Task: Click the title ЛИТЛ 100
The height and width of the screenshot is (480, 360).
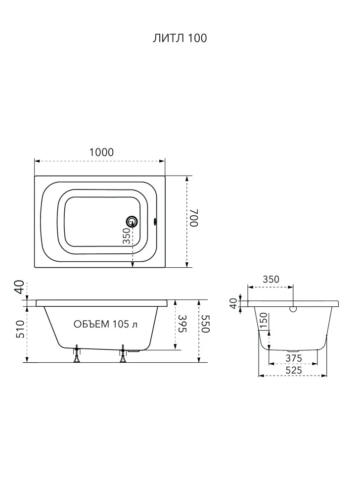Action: click(x=180, y=38)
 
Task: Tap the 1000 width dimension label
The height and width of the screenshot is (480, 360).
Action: click(x=101, y=152)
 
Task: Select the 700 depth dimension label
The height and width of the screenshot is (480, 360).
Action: click(x=194, y=218)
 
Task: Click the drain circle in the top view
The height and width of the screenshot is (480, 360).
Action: click(x=132, y=221)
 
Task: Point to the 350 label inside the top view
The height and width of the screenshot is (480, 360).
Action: click(x=126, y=236)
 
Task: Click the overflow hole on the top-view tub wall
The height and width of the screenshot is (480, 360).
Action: click(x=155, y=221)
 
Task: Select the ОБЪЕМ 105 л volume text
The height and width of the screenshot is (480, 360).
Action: click(x=105, y=324)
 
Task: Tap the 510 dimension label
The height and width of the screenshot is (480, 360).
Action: click(x=21, y=329)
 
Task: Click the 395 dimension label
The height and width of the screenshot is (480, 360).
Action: click(x=182, y=324)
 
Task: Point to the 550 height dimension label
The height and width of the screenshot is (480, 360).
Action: click(x=205, y=324)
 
